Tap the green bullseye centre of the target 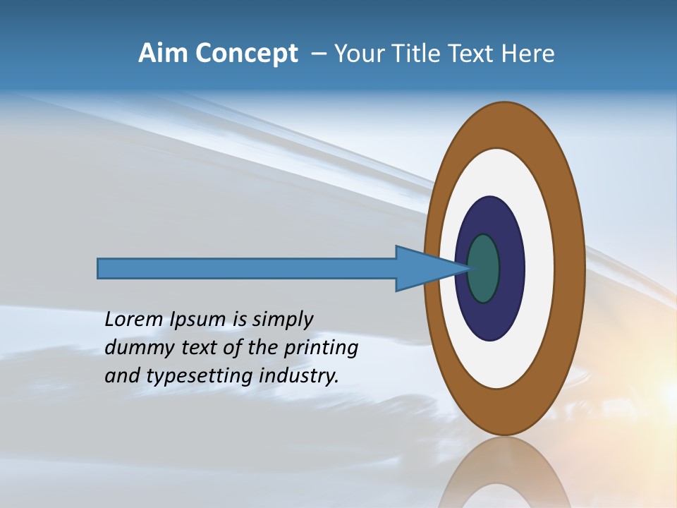[x=484, y=269]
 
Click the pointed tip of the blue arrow [x=470, y=268]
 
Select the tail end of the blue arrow [x=99, y=269]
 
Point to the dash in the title [x=318, y=54]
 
